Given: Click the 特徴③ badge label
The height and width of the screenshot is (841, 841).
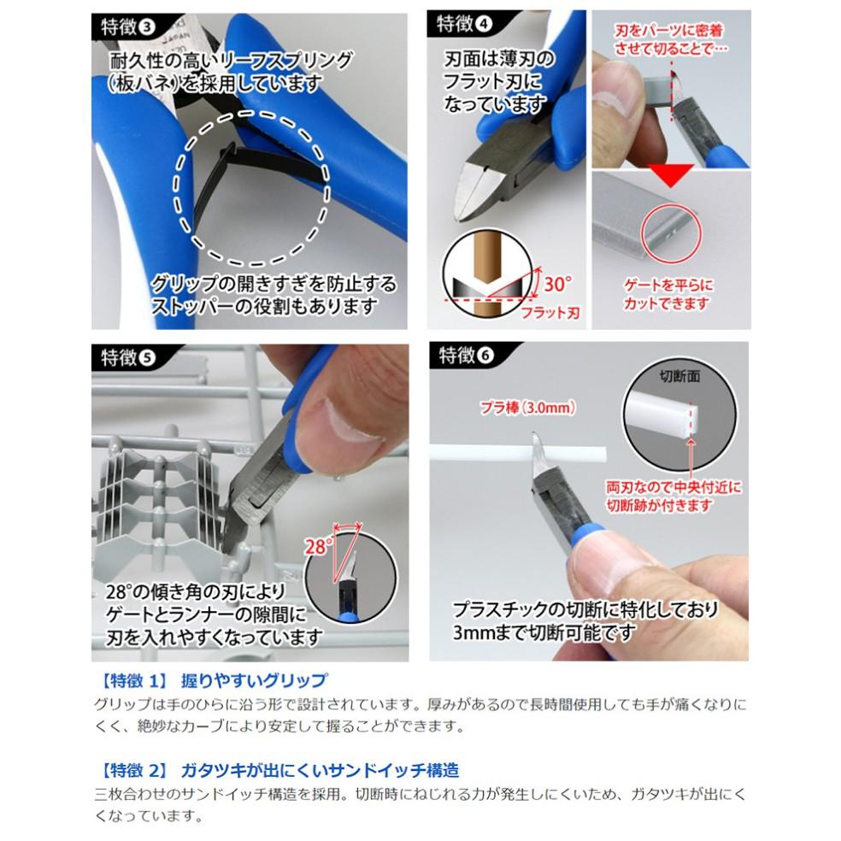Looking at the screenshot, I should (124, 26).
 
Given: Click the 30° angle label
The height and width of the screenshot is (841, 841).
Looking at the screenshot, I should (556, 281).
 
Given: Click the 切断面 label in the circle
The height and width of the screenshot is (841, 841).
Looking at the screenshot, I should (680, 377).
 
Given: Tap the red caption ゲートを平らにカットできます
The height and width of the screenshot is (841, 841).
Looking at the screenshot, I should (669, 295).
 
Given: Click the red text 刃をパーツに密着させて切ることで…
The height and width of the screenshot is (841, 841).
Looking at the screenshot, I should (669, 39).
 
